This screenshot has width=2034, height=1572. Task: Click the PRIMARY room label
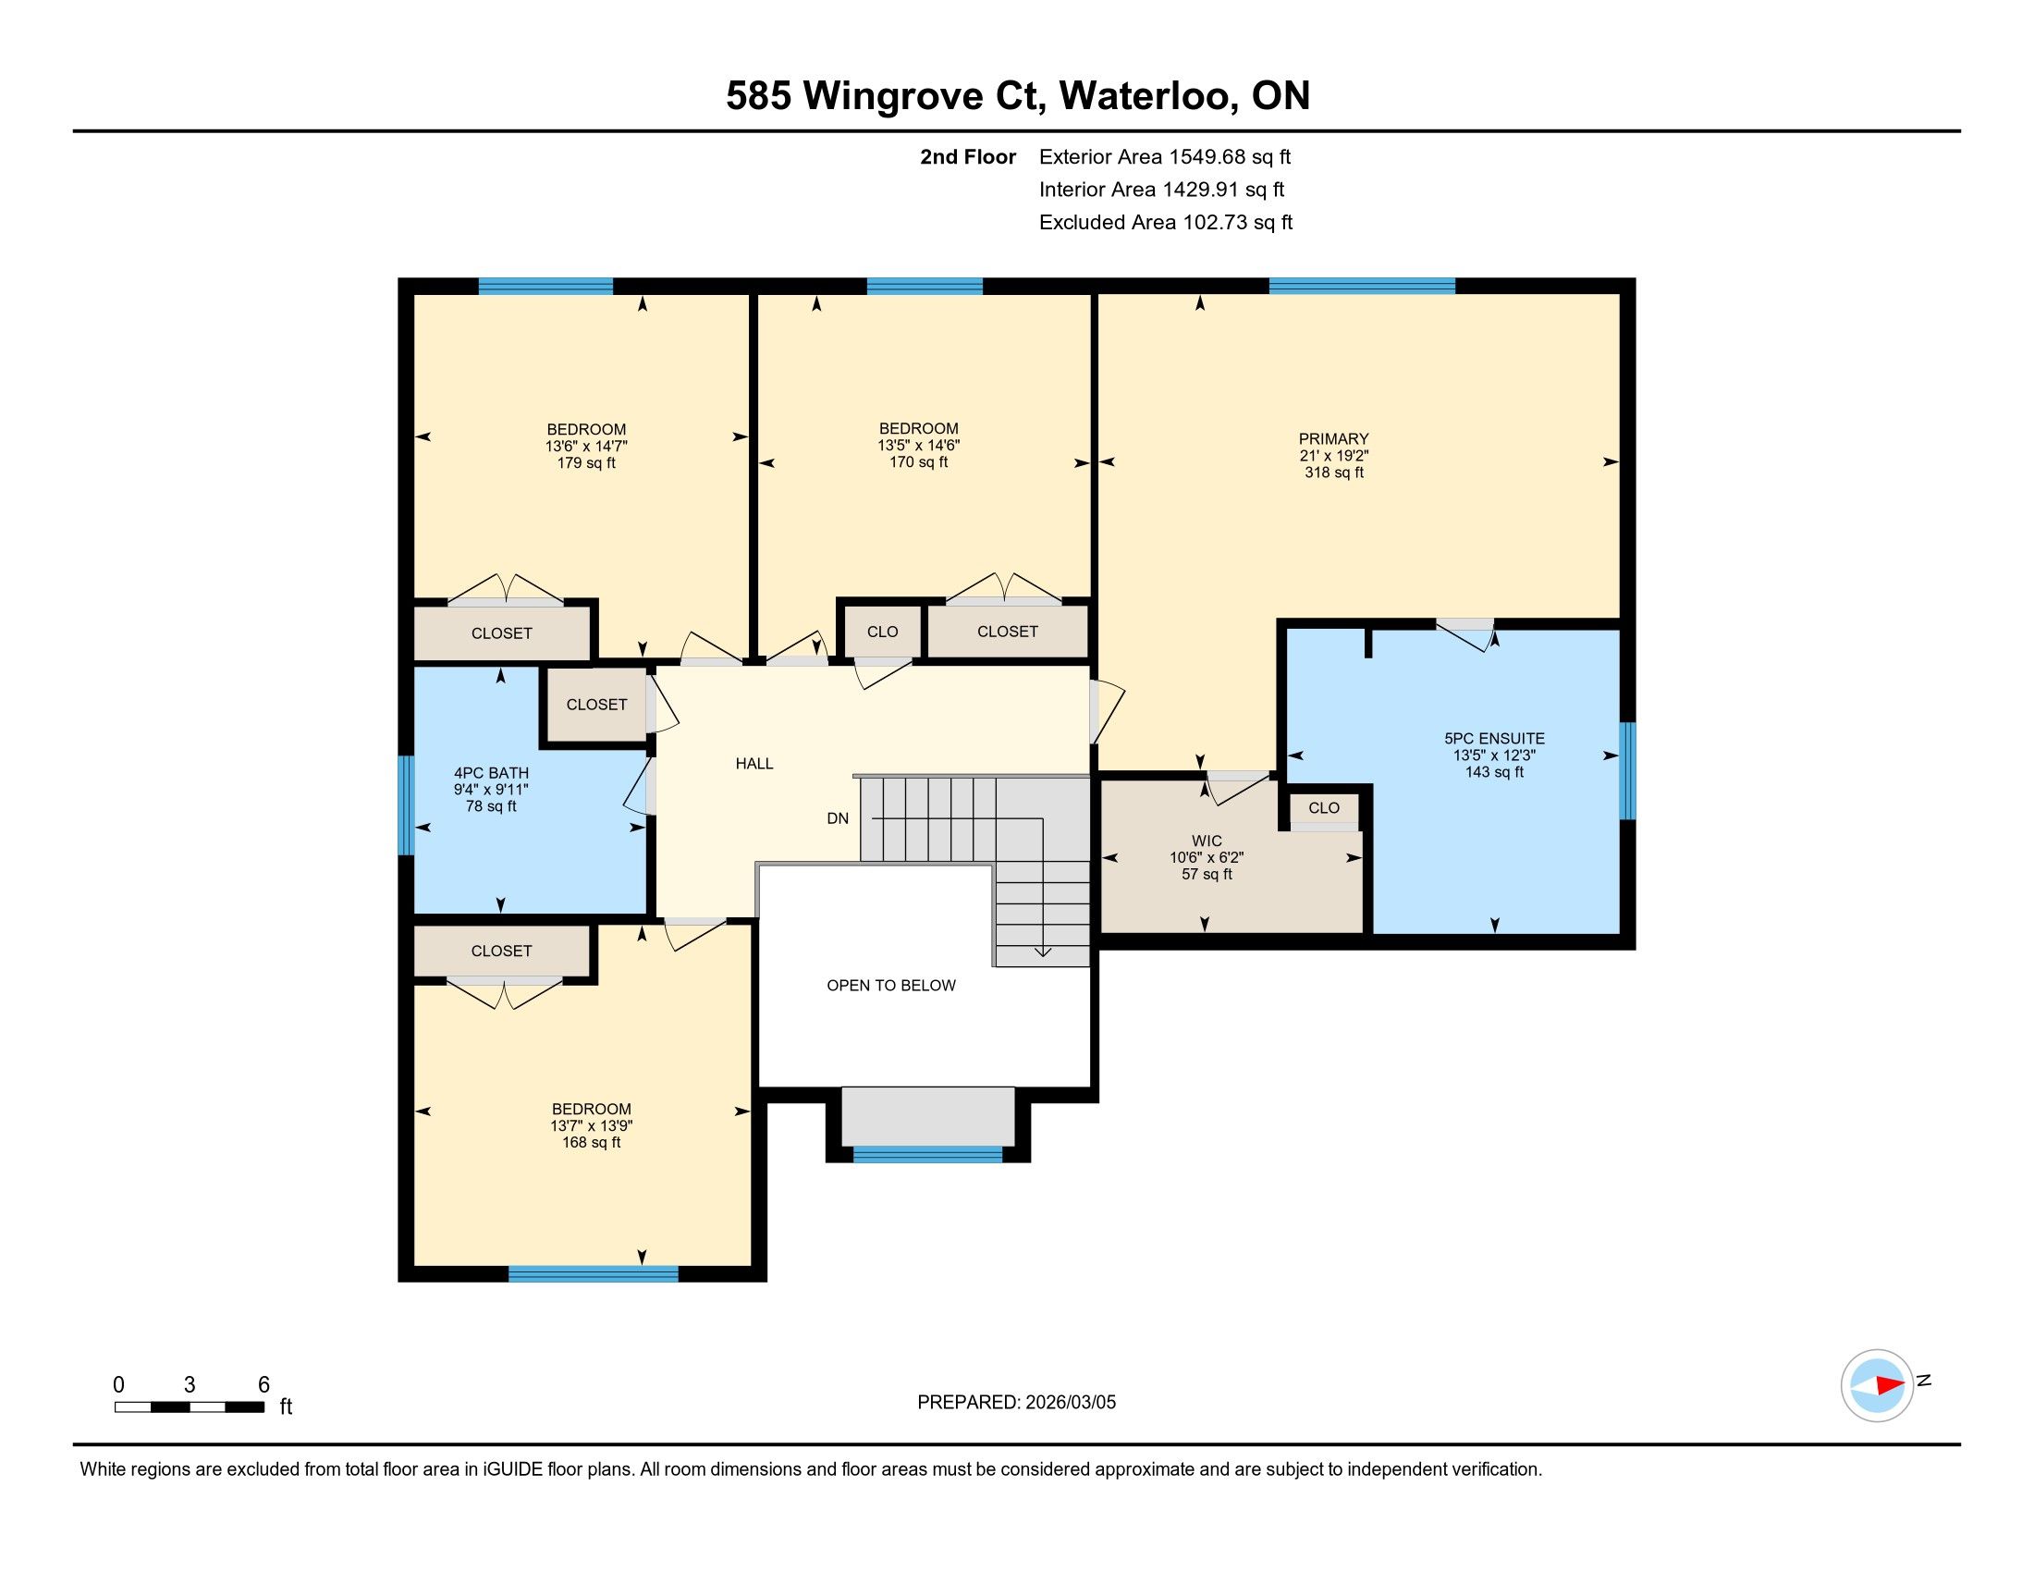point(1333,438)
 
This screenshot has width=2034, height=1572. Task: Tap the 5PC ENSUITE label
point(1494,739)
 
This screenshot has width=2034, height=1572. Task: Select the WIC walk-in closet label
point(1206,841)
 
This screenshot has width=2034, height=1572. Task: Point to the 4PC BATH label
point(491,772)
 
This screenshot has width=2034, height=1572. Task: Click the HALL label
point(754,764)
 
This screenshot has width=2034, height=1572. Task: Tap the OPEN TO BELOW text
point(891,986)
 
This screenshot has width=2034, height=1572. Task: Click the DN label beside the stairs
point(838,818)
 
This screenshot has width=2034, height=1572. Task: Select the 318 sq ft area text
point(1333,473)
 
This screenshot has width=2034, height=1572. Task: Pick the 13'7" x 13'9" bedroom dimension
point(592,1125)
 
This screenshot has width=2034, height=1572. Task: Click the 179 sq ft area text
point(586,463)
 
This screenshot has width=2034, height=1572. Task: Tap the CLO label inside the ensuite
point(1323,807)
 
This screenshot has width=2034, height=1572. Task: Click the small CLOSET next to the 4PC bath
point(596,705)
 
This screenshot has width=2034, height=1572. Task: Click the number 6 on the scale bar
point(263,1385)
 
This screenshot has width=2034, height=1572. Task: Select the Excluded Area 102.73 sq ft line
point(1166,223)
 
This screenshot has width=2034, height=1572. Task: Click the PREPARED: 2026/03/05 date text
point(1016,1403)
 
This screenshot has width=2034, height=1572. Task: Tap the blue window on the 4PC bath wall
point(405,804)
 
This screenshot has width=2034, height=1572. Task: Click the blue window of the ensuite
point(1627,771)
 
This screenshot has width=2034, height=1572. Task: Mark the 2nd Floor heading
point(968,157)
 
